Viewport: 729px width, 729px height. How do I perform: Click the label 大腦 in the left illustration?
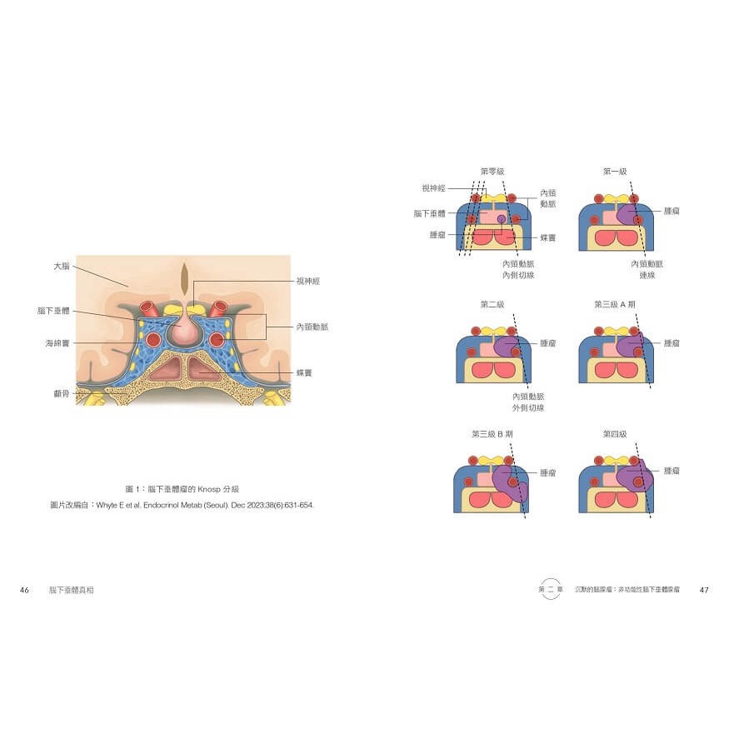pyautogui.click(x=61, y=267)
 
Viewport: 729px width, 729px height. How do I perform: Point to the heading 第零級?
pyautogui.click(x=492, y=171)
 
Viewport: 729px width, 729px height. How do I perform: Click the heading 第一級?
pyautogui.click(x=615, y=171)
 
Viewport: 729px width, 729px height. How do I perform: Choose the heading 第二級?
pyautogui.click(x=492, y=304)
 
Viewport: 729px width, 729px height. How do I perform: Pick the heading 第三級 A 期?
pyautogui.click(x=616, y=304)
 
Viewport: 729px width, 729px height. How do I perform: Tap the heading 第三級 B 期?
pyautogui.click(x=492, y=433)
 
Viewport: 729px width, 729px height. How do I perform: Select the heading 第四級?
pyautogui.click(x=615, y=433)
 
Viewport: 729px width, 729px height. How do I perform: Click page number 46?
pyautogui.click(x=24, y=590)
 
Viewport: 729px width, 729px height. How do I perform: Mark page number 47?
pyautogui.click(x=704, y=590)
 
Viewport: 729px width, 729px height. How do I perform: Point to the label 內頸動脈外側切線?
pyautogui.click(x=528, y=402)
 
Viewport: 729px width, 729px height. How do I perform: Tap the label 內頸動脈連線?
pyautogui.click(x=647, y=269)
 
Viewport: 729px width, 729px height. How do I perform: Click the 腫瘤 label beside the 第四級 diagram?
pyautogui.click(x=672, y=471)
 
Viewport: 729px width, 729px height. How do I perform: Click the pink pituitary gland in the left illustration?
pyautogui.click(x=185, y=332)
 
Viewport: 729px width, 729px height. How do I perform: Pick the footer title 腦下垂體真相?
pyautogui.click(x=72, y=590)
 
